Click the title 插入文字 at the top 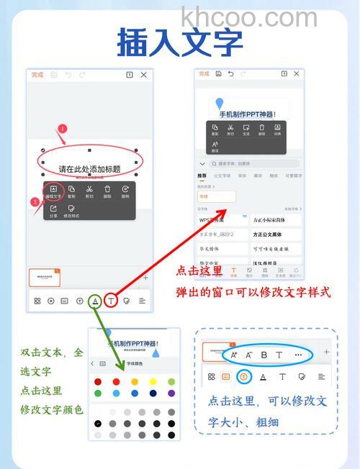point(180,42)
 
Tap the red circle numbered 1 point(62,129)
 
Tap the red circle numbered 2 point(35,202)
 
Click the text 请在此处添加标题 point(89,170)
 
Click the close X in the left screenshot point(143,75)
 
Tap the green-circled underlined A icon point(95,301)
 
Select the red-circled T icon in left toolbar point(111,301)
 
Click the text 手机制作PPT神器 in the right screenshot point(247,114)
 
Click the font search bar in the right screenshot point(248,164)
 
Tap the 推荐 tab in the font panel point(202,176)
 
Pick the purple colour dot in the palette point(171,393)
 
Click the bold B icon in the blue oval point(264,355)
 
